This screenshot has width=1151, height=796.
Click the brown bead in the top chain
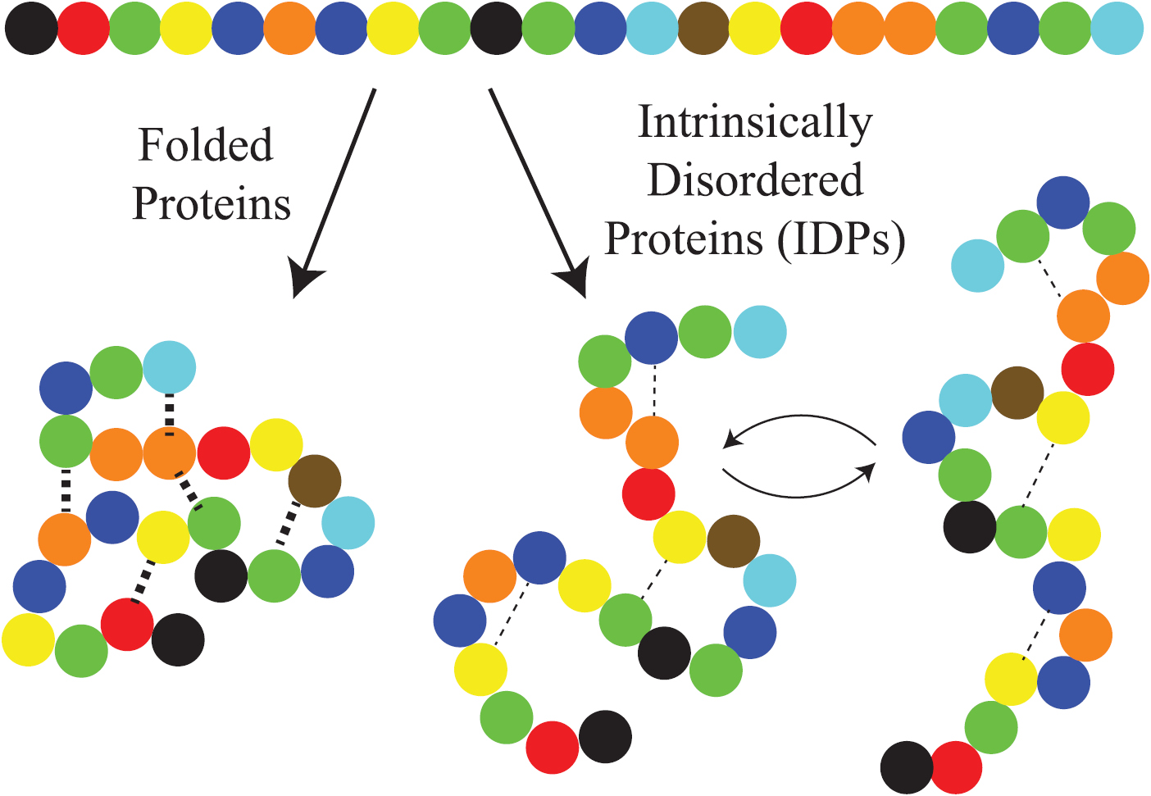pos(703,29)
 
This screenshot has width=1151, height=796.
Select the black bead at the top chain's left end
pos(31,29)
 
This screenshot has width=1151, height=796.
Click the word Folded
pos(205,145)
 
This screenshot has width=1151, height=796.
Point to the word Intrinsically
pos(755,124)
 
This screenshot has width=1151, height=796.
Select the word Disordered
pos(755,180)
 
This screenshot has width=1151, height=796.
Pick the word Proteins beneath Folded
pos(212,203)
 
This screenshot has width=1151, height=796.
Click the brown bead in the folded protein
pos(315,481)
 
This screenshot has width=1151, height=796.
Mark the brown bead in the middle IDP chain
pos(733,541)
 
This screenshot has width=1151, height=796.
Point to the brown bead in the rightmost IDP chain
pos(1017,393)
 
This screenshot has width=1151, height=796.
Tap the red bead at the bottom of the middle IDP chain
pos(553,747)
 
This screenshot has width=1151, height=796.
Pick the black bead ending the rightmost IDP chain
pos(907,767)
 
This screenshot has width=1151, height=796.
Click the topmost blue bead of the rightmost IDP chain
pos(1063,202)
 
